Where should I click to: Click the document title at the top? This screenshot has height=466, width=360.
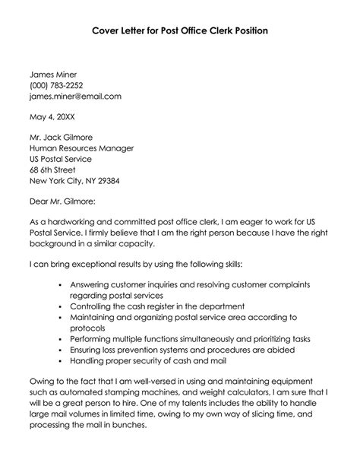click(179, 31)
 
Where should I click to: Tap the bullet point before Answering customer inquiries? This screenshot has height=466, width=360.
click(61, 284)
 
